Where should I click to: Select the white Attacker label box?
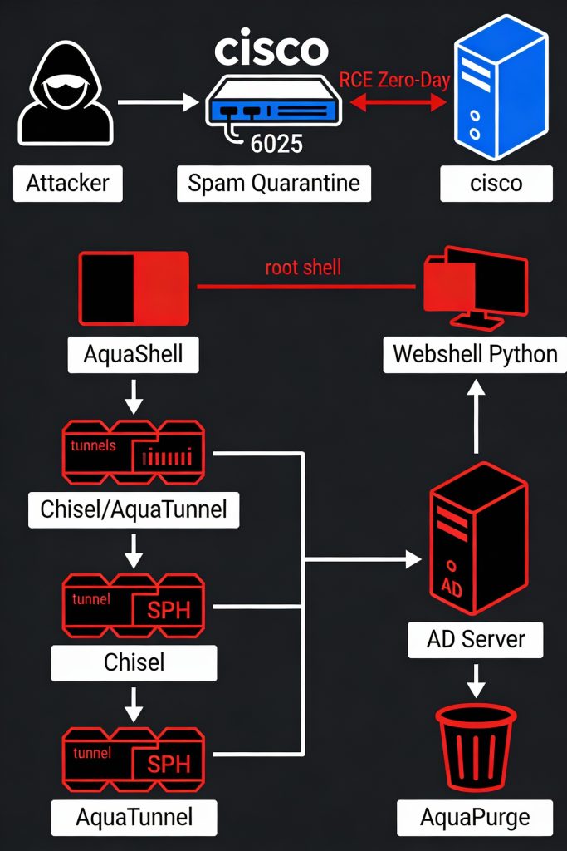(x=67, y=183)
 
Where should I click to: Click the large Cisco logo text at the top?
(x=271, y=49)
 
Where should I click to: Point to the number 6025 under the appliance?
(x=276, y=144)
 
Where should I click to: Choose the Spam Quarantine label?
(x=274, y=183)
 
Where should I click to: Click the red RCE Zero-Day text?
(x=395, y=81)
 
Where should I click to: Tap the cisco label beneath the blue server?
(x=496, y=183)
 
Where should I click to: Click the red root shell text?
(x=303, y=268)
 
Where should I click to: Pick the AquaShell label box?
(x=133, y=355)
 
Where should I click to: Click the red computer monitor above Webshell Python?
(x=474, y=287)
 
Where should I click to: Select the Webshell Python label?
(x=475, y=354)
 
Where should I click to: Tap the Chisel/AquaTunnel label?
(x=134, y=508)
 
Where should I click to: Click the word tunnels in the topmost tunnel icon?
(x=93, y=445)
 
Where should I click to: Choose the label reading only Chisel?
(x=134, y=662)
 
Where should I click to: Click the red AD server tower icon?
(x=477, y=542)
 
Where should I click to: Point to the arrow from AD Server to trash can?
(x=475, y=681)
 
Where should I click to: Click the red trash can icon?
(x=476, y=747)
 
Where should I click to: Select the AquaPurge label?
(x=475, y=817)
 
